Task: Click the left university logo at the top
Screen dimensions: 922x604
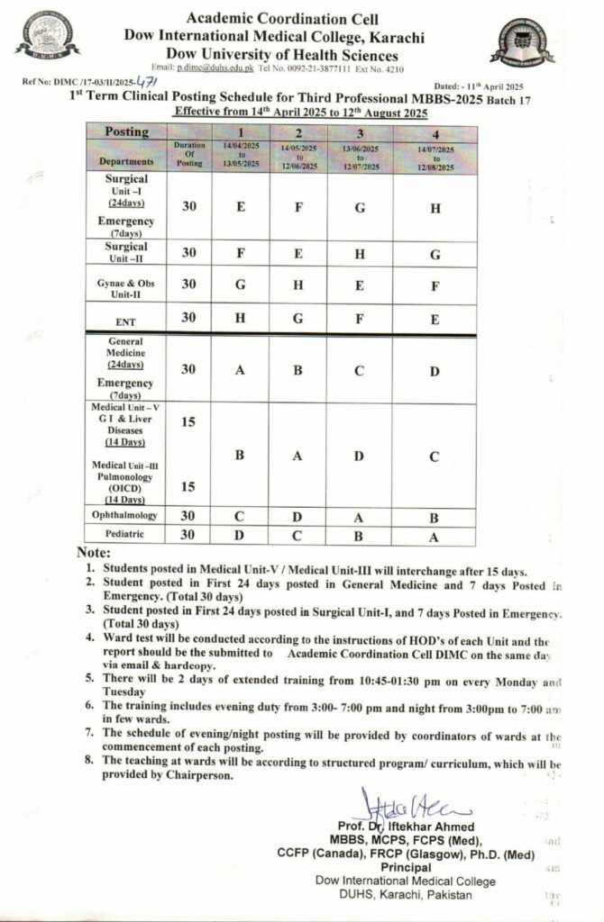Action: pos(46,35)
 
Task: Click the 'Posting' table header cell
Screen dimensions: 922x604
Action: pos(127,131)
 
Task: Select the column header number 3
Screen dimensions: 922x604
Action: pos(361,131)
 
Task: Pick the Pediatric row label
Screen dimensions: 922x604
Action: pos(127,534)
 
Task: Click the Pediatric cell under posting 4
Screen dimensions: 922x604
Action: pos(435,535)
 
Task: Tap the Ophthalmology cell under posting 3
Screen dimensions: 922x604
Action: pos(361,516)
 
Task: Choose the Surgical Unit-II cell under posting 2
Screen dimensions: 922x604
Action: pos(297,254)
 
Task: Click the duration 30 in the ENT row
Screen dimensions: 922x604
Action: pos(189,318)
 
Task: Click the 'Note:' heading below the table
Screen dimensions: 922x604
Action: pos(94,552)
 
